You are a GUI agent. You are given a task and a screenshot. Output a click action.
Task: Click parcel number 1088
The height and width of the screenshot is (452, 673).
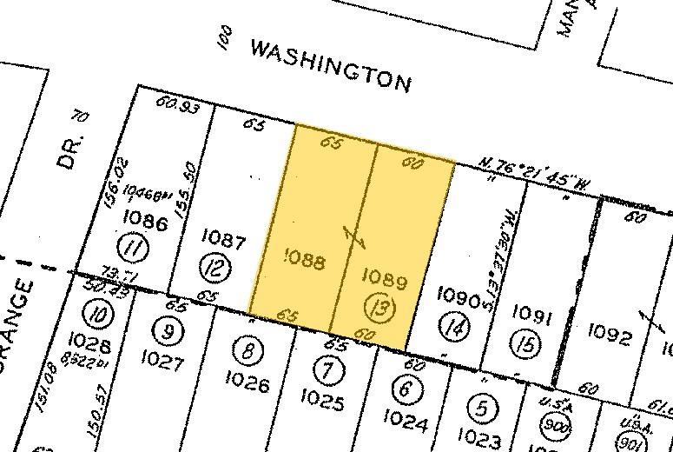point(306,260)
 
